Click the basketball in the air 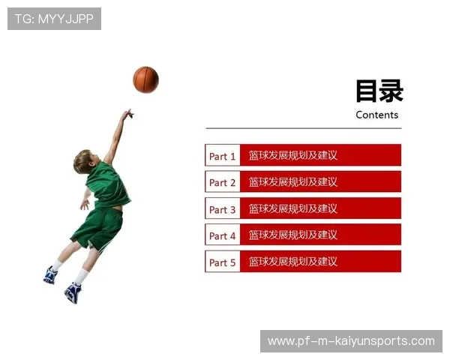coord(145,79)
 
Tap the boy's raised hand coord(128,115)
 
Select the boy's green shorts coord(99,227)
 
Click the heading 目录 coord(379,91)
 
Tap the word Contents coord(376,115)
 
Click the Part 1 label coord(222,156)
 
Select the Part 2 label coord(222,182)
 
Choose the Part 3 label coord(222,209)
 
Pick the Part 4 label coord(222,235)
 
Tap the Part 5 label coord(222,262)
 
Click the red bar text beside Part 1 coord(292,155)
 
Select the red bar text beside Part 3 coord(292,208)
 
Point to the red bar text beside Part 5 coord(292,262)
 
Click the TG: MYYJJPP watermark coord(54,19)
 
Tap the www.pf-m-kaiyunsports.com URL coord(351,341)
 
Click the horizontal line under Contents coord(303,128)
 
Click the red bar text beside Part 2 coord(292,181)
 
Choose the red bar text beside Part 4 coord(292,235)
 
